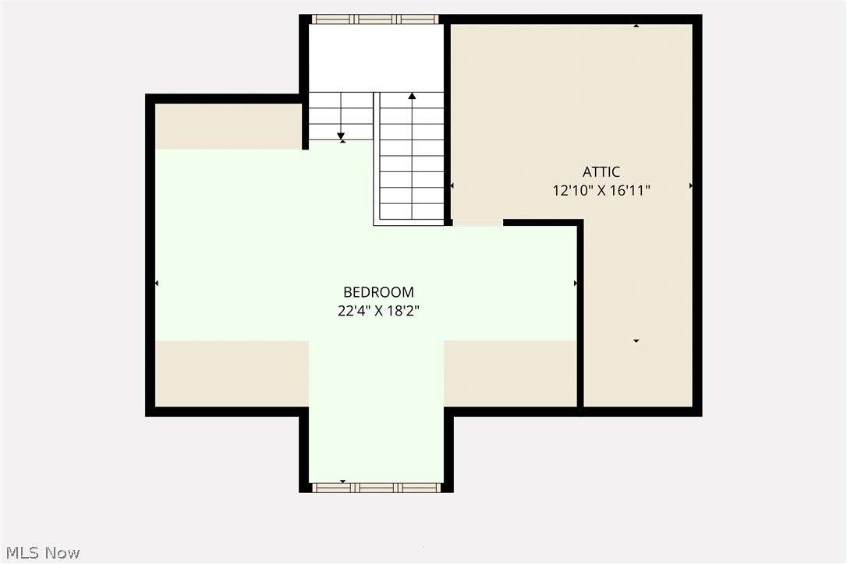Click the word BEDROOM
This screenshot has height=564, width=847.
378,292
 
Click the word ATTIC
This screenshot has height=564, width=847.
601,172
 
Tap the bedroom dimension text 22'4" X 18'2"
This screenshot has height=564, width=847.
378,311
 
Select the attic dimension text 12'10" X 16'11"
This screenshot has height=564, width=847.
601,190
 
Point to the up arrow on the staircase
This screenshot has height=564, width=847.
412,96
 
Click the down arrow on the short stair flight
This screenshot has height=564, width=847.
342,138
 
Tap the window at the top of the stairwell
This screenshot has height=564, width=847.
375,19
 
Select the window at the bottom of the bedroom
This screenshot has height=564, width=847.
376,488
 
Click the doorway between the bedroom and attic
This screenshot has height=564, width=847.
477,223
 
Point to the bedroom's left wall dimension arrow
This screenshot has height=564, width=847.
157,283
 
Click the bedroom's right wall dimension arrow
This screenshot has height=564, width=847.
576,283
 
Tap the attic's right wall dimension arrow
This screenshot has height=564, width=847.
691,185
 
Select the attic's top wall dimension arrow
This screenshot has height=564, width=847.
636,26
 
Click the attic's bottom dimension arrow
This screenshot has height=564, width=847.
636,340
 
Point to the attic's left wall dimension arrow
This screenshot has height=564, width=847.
452,185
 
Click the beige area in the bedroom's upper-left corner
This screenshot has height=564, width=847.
228,125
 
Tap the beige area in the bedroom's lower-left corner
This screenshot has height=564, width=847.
231,373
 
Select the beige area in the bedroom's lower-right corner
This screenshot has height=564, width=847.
510,373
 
